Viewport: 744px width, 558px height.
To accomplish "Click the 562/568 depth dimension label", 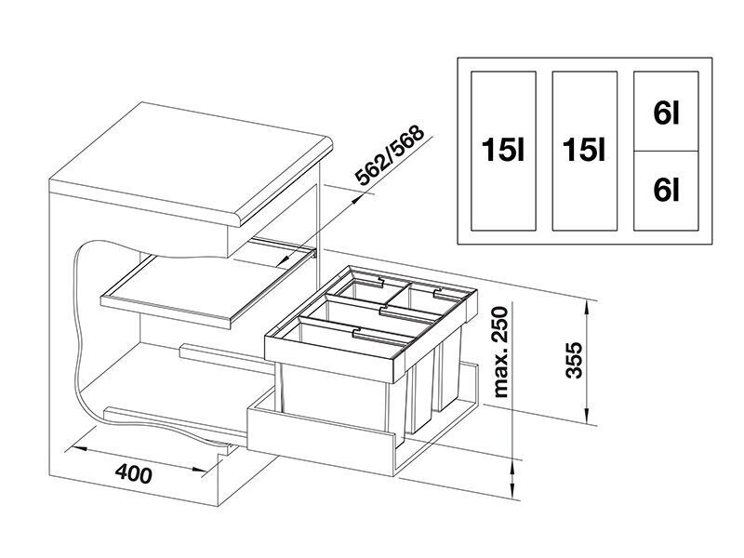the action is pos(390,155).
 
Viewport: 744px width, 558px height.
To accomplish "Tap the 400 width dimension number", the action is pos(134,473).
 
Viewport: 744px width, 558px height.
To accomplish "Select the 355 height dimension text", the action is pos(574,360).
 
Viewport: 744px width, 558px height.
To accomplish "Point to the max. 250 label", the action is pos(500,352).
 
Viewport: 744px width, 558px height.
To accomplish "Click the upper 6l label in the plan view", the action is pos(666,113).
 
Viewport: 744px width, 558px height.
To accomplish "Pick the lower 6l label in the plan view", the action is pos(666,191).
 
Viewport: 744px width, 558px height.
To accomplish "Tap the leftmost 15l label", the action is pos(503,150).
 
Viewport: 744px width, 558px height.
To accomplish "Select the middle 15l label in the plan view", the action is pos(585,150).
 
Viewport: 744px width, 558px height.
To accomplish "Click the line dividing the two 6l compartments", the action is pos(666,152).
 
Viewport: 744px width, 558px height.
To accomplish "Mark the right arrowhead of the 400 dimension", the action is pos(199,471).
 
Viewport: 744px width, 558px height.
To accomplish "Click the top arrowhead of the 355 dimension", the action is pos(589,310).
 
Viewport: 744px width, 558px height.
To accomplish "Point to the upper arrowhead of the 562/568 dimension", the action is pos(357,199).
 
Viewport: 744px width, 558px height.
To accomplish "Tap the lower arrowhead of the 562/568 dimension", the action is pos(287,260).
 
